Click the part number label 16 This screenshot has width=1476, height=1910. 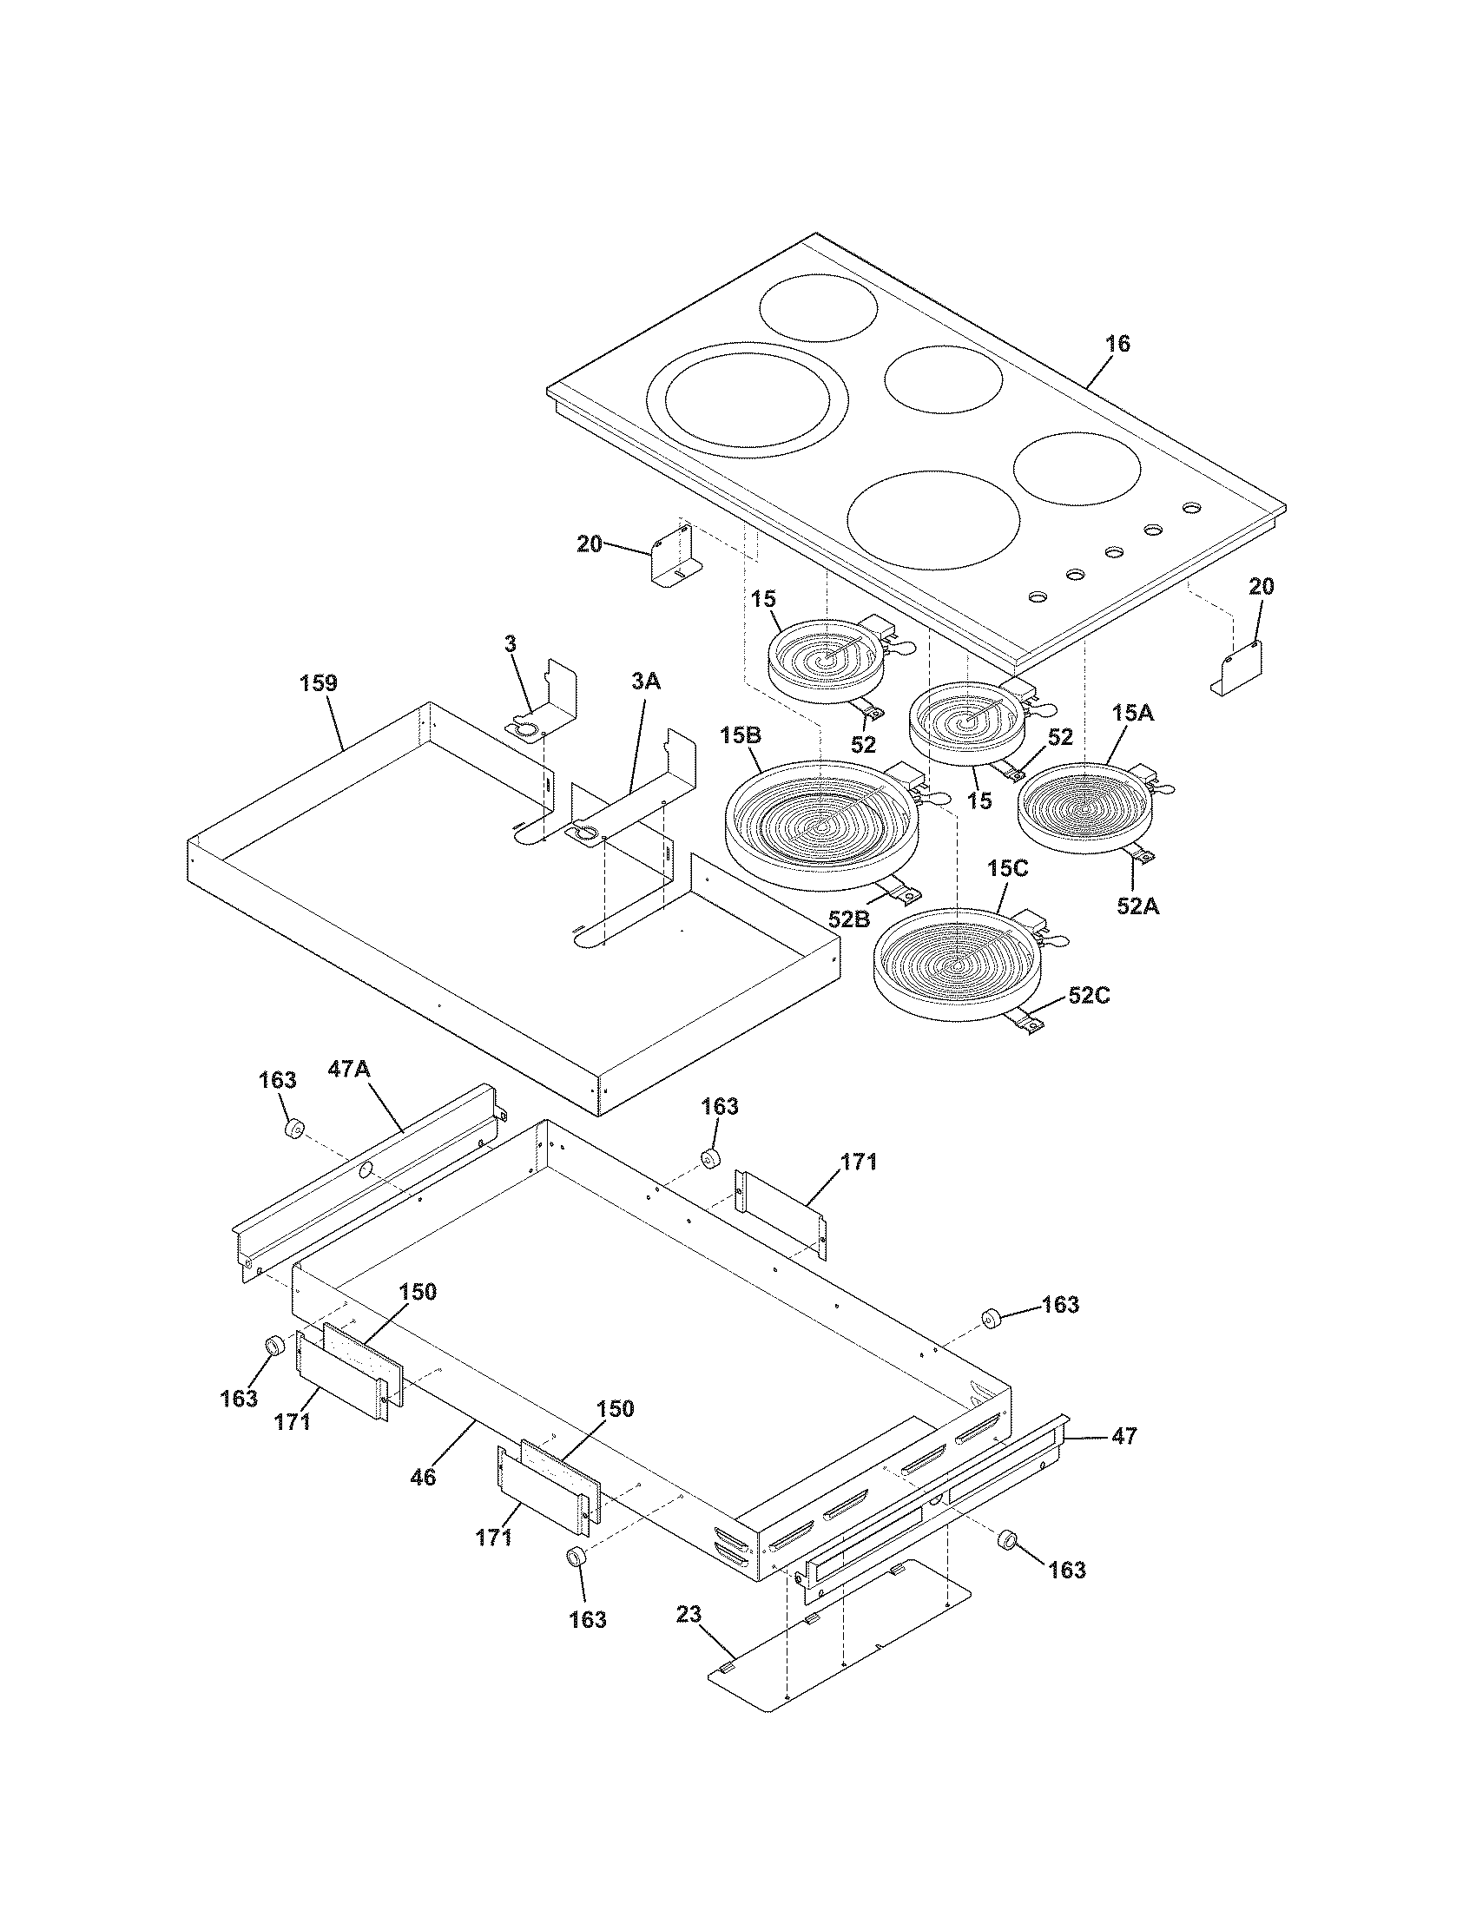1117,344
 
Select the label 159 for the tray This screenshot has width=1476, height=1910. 319,683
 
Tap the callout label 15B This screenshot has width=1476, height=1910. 741,735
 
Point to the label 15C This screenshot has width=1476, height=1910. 1008,869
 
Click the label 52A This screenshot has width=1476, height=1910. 1137,907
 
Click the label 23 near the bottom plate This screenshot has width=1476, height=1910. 689,1615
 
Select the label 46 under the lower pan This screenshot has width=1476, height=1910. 423,1477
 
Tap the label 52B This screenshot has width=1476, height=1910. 849,919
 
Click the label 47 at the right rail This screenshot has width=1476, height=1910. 1124,1436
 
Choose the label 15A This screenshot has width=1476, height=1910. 1133,714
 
